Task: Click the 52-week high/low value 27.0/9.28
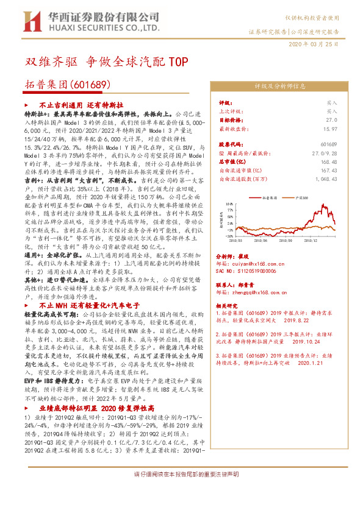tap(325, 153)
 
